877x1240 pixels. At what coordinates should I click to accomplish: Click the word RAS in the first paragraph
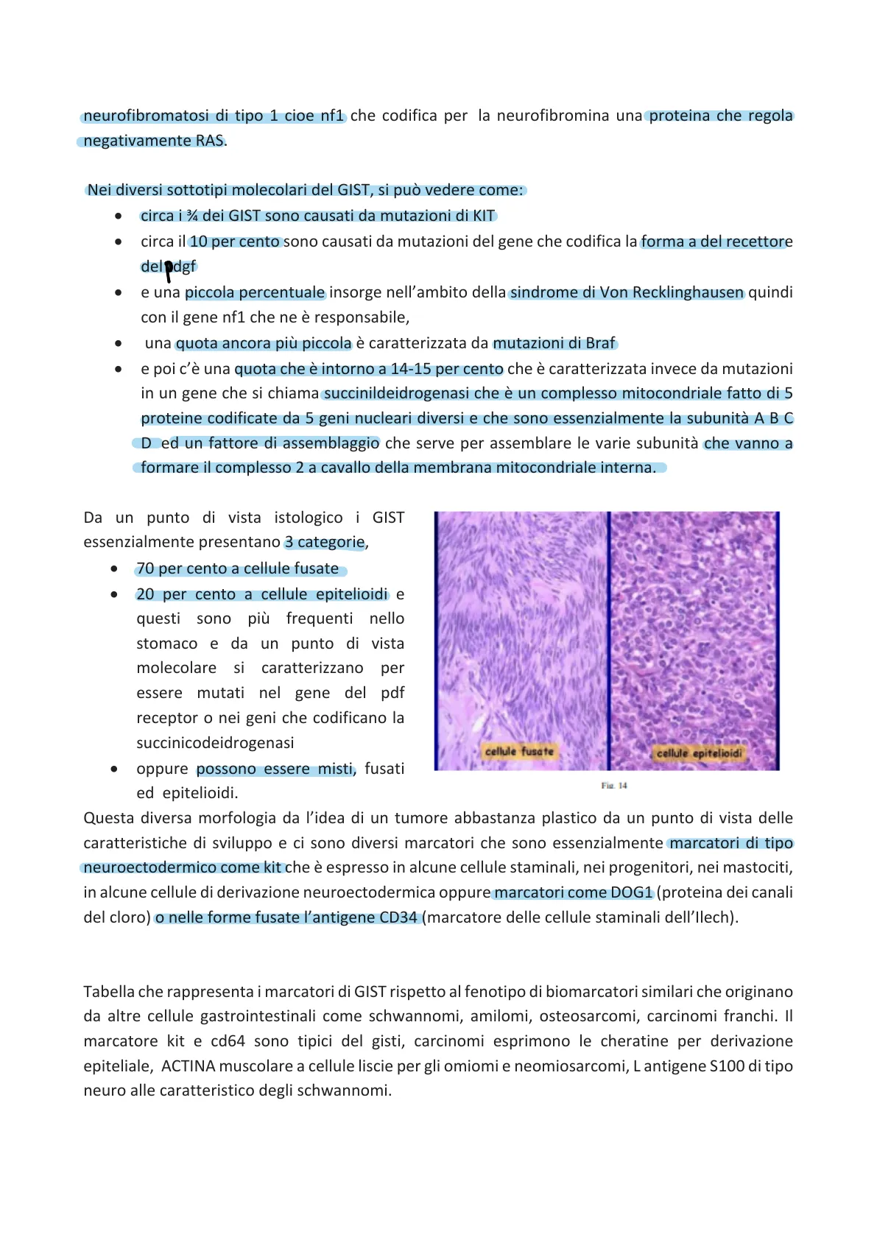click(x=209, y=141)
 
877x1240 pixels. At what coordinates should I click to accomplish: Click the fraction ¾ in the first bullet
click(x=192, y=216)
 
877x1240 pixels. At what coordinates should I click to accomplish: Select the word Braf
click(x=600, y=343)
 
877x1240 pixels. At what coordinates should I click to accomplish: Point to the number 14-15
click(x=411, y=369)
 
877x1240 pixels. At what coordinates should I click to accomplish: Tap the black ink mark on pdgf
click(x=169, y=270)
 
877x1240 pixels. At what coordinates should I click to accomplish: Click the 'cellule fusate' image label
click(x=519, y=751)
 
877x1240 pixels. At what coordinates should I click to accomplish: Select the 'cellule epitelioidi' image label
click(x=699, y=753)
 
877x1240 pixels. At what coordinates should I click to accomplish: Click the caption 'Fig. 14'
click(x=613, y=786)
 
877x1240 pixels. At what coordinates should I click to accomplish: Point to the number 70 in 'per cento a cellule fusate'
click(x=145, y=568)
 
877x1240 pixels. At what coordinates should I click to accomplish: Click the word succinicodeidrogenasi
click(x=215, y=743)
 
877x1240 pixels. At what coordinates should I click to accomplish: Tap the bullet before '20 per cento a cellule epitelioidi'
click(x=114, y=594)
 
